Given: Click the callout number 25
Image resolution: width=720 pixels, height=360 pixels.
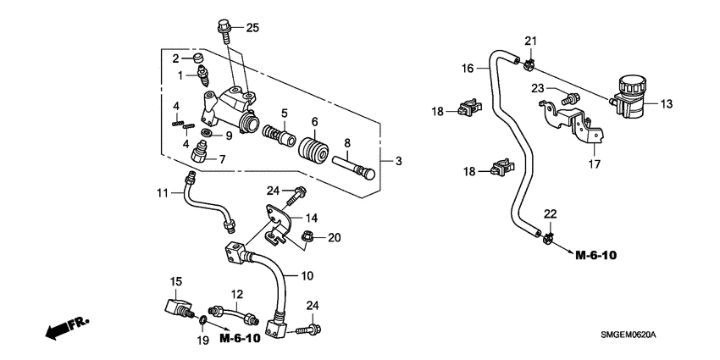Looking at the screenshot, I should pyautogui.click(x=252, y=28).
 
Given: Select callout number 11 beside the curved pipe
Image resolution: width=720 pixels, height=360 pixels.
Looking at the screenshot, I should pyautogui.click(x=163, y=194).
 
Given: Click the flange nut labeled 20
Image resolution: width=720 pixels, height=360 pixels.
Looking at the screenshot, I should pyautogui.click(x=307, y=238).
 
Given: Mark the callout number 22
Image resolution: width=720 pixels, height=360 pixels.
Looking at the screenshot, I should pyautogui.click(x=551, y=213).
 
